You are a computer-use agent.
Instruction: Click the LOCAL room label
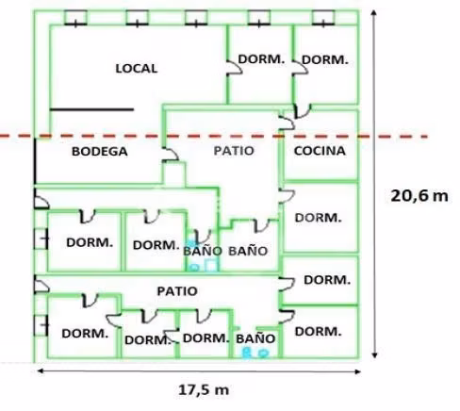coord(137,69)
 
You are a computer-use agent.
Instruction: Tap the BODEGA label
coord(100,152)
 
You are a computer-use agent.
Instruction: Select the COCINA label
coord(320,151)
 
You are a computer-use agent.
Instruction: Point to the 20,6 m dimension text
coord(419,196)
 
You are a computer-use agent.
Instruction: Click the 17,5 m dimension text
coord(204,390)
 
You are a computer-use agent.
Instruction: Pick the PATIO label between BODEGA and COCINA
coord(234,151)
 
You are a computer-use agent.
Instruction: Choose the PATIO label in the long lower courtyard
coord(177,291)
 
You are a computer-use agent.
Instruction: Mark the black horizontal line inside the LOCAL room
coord(91,109)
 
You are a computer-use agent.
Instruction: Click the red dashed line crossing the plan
coord(214,137)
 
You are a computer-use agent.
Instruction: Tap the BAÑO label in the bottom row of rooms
coord(255,338)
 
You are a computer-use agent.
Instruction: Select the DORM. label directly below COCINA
coord(318,218)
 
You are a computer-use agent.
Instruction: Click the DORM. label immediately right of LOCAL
coord(261,59)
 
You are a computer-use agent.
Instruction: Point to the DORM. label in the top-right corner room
coord(325,59)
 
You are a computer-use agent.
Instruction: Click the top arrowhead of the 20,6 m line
coord(373,12)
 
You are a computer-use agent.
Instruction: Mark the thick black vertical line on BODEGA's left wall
coord(35,161)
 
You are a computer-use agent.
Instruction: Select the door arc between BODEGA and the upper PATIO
coord(172,154)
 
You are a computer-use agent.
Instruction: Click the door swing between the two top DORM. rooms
coord(301,68)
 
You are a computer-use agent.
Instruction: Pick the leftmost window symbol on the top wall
coord(75,18)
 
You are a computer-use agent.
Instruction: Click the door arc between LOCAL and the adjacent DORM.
coord(235,68)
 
